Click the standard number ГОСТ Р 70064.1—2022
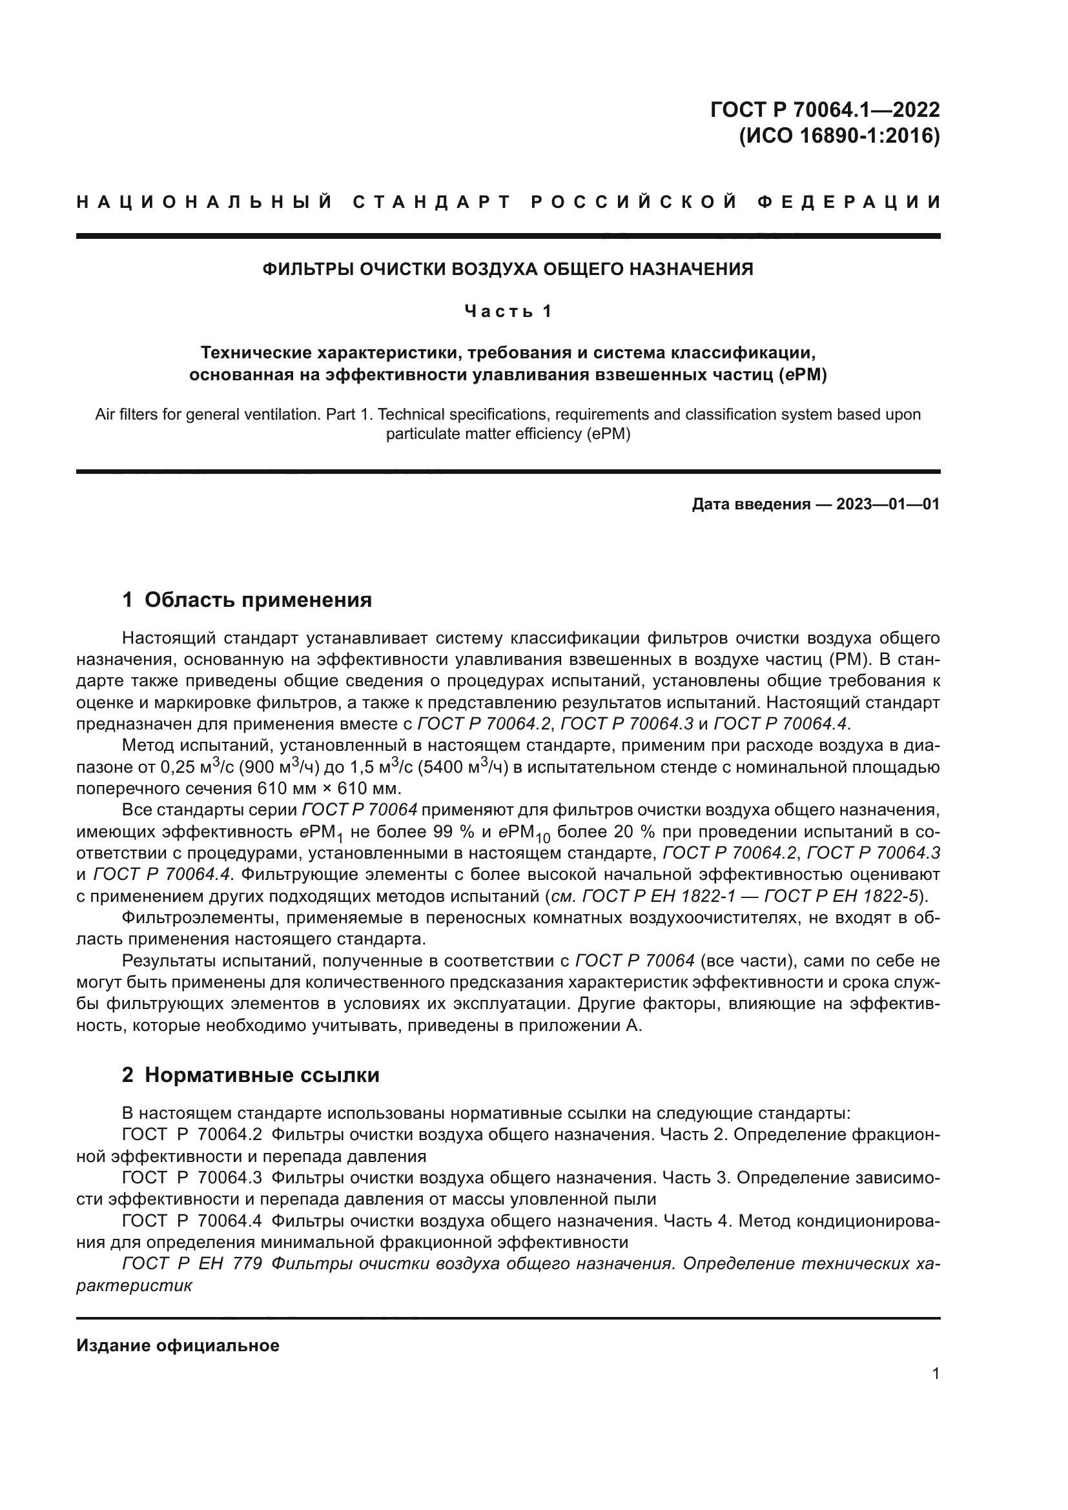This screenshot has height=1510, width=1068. click(x=825, y=110)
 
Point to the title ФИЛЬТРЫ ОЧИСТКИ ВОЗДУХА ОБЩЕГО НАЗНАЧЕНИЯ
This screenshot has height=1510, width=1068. click(x=508, y=269)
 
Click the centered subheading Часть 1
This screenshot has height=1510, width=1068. click(x=508, y=311)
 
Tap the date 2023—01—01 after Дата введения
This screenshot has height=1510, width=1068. click(x=888, y=504)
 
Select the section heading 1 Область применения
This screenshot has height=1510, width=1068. click(x=247, y=600)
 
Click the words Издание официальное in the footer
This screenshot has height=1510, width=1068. click(x=178, y=1345)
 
